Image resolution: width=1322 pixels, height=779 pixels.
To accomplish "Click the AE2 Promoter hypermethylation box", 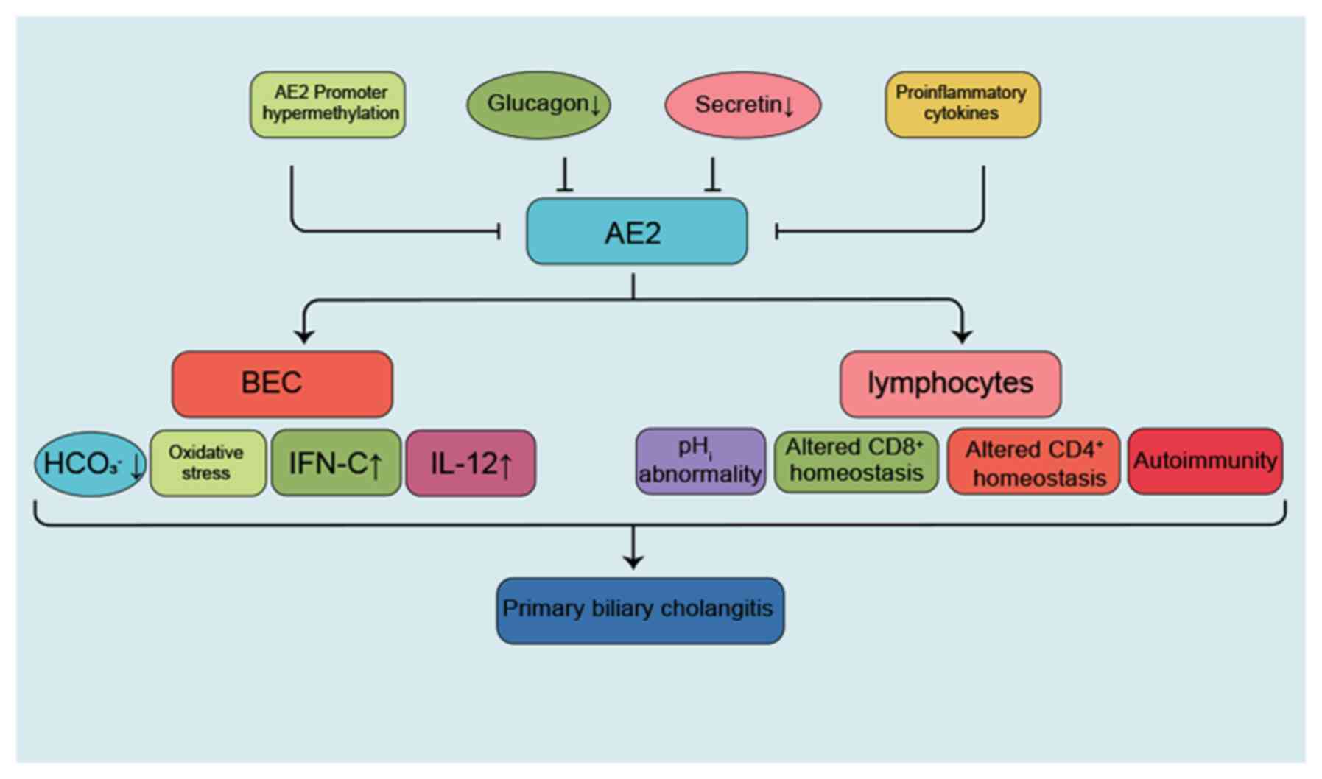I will click(328, 105).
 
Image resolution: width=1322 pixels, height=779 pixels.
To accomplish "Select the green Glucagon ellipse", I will click(538, 105).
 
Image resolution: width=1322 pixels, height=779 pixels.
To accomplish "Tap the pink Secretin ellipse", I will click(742, 105).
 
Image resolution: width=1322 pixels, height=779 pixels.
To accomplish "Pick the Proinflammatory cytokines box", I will click(962, 105).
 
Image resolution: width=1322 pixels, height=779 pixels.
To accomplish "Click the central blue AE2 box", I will click(636, 232).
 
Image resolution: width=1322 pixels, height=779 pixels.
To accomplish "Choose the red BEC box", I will click(282, 384).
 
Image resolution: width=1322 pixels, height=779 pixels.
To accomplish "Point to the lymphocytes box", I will click(950, 384).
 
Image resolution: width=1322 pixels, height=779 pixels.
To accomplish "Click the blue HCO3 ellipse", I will click(91, 464).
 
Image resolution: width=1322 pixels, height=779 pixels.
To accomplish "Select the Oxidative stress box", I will click(208, 463).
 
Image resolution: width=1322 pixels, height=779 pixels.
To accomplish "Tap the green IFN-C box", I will click(336, 463).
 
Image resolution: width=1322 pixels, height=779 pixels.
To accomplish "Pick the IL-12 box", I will click(471, 463).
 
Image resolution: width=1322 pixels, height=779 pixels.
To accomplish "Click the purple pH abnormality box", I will click(700, 462).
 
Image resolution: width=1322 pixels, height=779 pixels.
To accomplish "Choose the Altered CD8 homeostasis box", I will click(856, 462).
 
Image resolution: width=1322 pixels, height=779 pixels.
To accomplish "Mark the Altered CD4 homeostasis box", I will click(1033, 462).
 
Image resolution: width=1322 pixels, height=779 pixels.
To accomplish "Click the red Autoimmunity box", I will click(1205, 462).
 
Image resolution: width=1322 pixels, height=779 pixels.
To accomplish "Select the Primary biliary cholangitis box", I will click(639, 610).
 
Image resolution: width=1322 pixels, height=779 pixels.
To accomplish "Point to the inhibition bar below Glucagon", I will click(565, 189).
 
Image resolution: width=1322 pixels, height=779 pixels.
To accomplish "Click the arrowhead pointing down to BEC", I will click(304, 335).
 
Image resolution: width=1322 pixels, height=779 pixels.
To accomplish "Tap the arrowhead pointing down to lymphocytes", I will click(962, 335).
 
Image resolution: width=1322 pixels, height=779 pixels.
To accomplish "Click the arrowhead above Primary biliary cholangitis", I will click(633, 561).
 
